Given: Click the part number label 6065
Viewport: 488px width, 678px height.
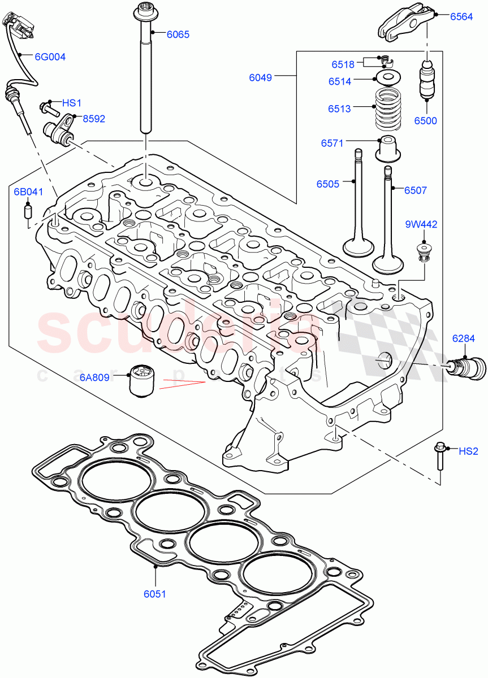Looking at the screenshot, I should [178, 34].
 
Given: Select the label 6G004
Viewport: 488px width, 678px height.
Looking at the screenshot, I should [50, 56].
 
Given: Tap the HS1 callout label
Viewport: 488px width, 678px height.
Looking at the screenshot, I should [72, 103].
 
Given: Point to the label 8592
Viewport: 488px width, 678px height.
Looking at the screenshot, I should [94, 119].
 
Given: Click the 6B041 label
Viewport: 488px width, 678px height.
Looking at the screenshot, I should [28, 192].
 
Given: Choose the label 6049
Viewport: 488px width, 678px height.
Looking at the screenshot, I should [261, 77].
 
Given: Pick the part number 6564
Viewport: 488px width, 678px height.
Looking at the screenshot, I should [461, 17].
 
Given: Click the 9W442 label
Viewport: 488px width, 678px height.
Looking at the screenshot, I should [421, 224].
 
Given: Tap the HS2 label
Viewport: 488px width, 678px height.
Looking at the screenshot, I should [468, 451].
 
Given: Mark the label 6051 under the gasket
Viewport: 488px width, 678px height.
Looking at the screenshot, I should [154, 594].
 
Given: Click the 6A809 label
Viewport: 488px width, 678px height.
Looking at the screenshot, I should [94, 377].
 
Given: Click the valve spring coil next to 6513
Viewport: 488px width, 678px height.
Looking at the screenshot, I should [388, 108].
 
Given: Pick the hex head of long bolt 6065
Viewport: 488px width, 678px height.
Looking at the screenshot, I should [142, 12].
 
